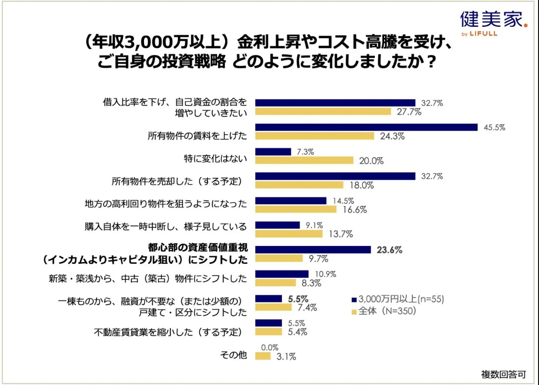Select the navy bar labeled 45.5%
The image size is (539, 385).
[x=366, y=127]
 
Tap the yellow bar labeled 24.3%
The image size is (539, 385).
[x=314, y=136]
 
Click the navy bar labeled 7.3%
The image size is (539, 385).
[x=273, y=152]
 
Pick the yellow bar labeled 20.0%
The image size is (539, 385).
[x=304, y=161]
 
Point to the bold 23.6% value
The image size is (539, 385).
[x=389, y=250]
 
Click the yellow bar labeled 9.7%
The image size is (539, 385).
[x=279, y=258]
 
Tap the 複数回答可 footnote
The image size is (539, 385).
[x=503, y=374]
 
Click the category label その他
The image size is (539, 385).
[x=233, y=355]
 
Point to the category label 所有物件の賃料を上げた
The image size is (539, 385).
[x=197, y=136]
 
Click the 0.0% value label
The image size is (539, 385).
[x=270, y=347]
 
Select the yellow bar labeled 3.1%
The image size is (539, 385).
[x=263, y=356]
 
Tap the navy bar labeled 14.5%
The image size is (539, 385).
[x=290, y=200]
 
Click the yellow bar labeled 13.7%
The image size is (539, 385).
[x=288, y=234]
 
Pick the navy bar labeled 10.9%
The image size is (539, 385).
[x=281, y=274]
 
